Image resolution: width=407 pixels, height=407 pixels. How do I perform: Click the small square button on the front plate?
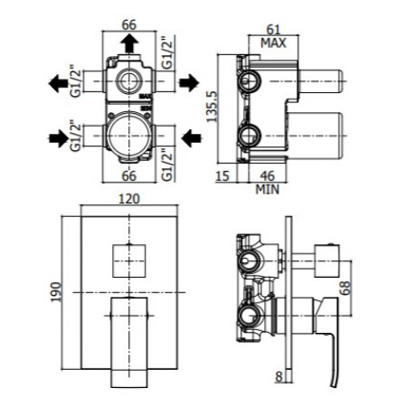click(127, 260)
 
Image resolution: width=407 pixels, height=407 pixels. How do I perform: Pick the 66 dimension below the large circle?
click(128, 176)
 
